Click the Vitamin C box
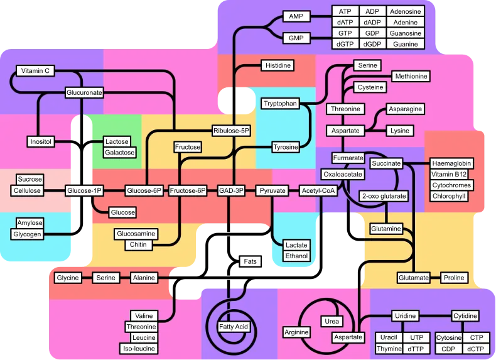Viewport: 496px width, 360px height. coord(35,70)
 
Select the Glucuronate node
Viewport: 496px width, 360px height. coord(84,92)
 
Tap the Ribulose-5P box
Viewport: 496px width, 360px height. coord(231,131)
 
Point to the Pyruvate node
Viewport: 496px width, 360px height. coord(272,190)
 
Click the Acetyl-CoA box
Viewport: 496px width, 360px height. coord(318,190)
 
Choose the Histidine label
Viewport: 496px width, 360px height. coord(278,65)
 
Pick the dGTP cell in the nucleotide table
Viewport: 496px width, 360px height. coord(345,44)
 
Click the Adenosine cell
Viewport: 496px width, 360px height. coord(405,11)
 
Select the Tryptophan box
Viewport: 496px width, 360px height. coord(280,104)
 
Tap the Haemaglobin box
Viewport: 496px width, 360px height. coord(451,163)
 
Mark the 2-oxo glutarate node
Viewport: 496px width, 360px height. coord(384,196)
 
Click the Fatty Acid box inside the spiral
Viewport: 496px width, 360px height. coord(234,327)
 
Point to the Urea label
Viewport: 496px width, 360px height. coord(332,321)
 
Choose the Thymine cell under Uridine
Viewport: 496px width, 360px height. coord(389,349)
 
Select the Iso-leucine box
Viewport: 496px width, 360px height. coord(139,348)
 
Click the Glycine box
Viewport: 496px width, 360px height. coord(68,278)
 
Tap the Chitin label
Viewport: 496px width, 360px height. coord(138,245)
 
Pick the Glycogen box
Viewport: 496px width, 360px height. coord(27,234)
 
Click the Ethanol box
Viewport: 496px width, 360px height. coord(296,256)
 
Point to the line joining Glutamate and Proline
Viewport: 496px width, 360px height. coord(435,278)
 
